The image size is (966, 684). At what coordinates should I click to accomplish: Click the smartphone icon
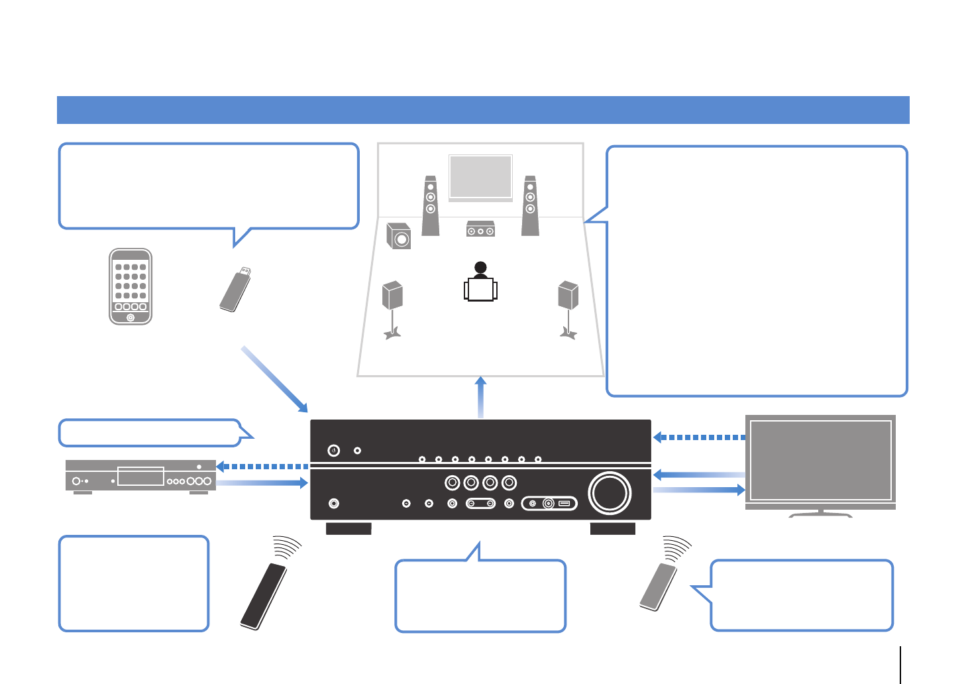131,286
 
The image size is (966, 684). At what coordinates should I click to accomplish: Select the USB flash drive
235,290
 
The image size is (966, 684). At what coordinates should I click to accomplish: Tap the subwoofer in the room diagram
399,237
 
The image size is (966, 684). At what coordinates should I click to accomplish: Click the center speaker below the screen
480,229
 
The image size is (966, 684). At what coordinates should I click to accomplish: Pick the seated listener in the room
480,283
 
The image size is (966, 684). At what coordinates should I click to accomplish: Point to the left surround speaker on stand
392,308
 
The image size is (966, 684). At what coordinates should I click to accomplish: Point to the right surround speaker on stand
568,308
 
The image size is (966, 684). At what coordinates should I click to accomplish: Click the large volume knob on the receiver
610,492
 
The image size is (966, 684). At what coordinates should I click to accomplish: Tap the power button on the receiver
334,451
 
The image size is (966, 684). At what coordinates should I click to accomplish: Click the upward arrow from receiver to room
481,397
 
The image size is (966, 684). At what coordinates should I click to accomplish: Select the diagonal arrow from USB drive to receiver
274,378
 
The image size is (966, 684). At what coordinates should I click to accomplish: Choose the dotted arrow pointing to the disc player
263,467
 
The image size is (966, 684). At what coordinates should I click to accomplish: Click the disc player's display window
140,477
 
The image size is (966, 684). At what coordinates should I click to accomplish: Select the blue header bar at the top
483,110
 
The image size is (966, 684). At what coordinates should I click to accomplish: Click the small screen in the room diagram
480,176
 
